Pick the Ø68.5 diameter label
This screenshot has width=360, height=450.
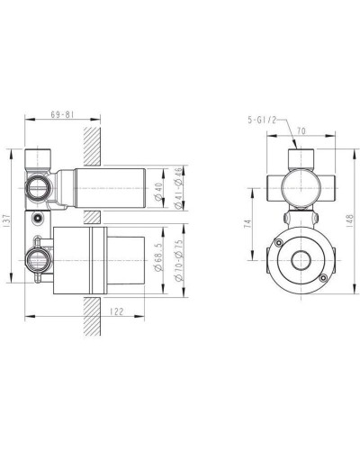pyautogui.click(x=158, y=257)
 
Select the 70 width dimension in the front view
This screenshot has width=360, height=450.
pyautogui.click(x=301, y=130)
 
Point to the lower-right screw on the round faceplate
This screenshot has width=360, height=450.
pyautogui.click(x=322, y=283)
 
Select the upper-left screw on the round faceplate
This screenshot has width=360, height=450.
pyautogui.click(x=281, y=243)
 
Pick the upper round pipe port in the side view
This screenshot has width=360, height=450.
pyautogui.click(x=37, y=187)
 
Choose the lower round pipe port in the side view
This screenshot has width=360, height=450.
pyautogui.click(x=37, y=262)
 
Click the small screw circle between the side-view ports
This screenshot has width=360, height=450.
pyautogui.click(x=37, y=218)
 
